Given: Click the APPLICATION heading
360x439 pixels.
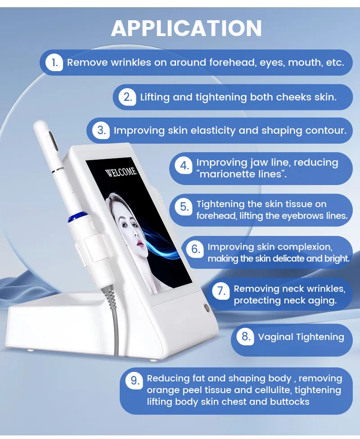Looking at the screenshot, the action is pyautogui.click(x=186, y=28).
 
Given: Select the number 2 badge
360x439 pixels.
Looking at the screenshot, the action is pyautogui.click(x=127, y=97).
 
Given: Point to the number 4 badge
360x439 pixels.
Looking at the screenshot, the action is pyautogui.click(x=184, y=165).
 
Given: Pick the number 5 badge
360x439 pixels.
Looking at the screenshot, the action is pyautogui.click(x=184, y=207).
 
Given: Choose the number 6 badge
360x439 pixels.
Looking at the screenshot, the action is pyautogui.click(x=195, y=249).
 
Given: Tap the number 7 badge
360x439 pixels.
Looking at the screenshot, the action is pyautogui.click(x=221, y=291).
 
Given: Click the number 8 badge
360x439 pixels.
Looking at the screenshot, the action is pyautogui.click(x=245, y=336).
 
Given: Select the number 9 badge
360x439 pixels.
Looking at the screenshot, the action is pyautogui.click(x=135, y=381).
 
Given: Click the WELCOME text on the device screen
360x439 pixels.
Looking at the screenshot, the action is pyautogui.click(x=121, y=172).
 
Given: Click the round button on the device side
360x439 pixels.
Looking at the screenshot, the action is pyautogui.click(x=207, y=307).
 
